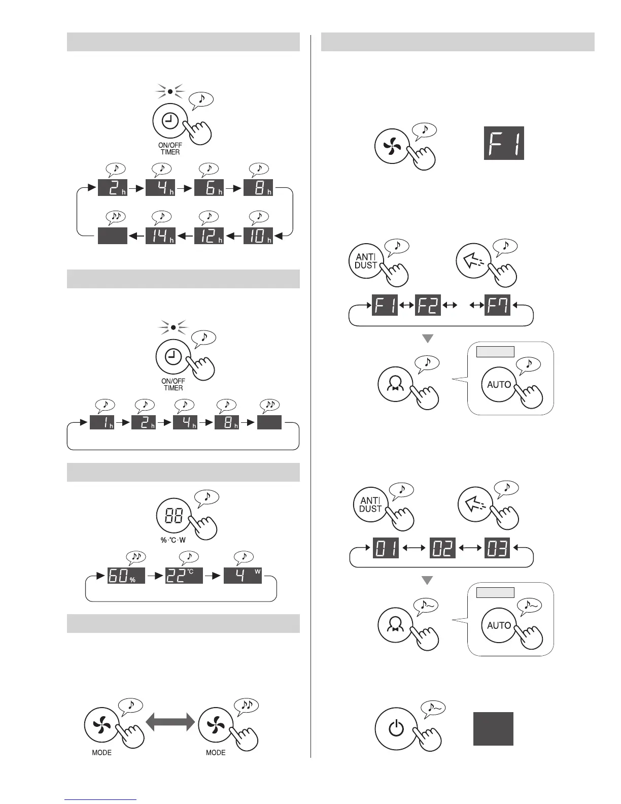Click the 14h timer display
coord(160,236)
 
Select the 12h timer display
coord(209,236)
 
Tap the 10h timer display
coord(258,236)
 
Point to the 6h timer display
coord(209,187)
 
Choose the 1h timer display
coord(102,422)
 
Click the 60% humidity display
coord(126,575)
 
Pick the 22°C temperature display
coord(184,575)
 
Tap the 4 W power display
coord(243,575)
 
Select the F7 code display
coord(497,305)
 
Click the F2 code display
coord(428,305)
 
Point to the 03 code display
coord(497,548)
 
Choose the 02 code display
coord(442,548)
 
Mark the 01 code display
coord(387,548)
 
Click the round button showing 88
coord(174,517)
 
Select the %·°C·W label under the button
coord(174,540)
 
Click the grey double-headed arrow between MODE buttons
coord(170,721)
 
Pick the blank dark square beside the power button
coord(493,728)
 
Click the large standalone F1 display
coord(504,143)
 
